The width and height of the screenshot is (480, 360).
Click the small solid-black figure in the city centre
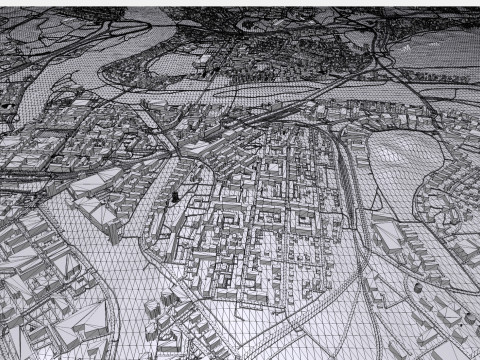point(177,197)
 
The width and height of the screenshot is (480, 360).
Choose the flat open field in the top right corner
point(440,50)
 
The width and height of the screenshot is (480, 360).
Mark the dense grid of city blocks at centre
point(270,200)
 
